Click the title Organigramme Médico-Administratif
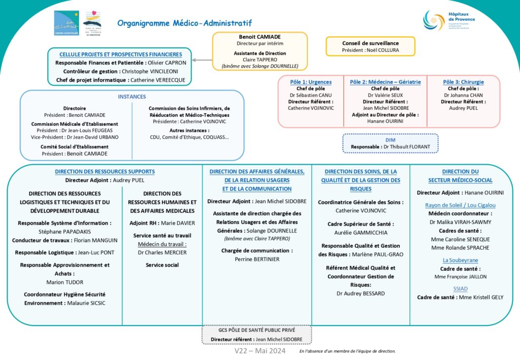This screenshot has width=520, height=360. (184, 23)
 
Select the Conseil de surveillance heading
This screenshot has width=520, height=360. (370, 43)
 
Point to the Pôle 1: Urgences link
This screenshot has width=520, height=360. (311, 82)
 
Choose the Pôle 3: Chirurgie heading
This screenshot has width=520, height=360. (463, 82)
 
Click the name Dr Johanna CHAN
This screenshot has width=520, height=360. (463, 95)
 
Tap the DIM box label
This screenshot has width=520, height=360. (390, 140)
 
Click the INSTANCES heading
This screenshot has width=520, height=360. (132, 96)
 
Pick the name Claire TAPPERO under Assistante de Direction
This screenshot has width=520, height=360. (259, 59)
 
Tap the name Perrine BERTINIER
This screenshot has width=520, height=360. (257, 259)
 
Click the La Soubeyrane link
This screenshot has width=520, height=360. (460, 260)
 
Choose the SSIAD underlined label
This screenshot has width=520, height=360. (460, 288)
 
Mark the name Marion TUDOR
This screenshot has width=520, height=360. (64, 282)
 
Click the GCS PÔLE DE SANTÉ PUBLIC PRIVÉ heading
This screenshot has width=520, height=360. (256, 330)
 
